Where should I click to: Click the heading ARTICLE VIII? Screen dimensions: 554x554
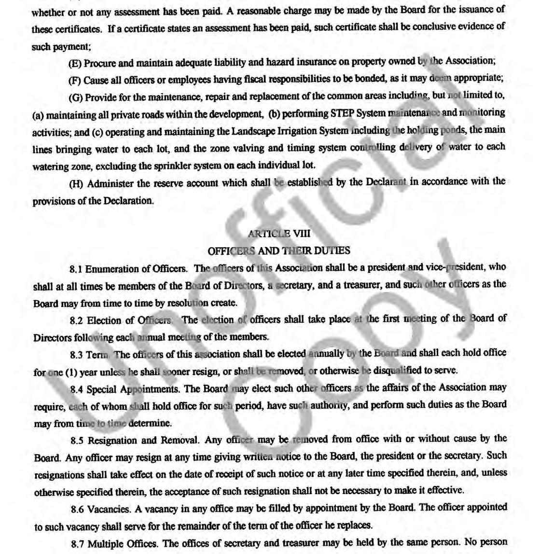279,234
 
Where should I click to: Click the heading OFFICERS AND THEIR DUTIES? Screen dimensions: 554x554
279,251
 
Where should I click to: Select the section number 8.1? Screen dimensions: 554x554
76,269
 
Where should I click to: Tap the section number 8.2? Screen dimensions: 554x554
76,321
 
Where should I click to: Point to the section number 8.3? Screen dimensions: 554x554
76,355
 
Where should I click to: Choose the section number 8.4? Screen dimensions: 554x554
77,389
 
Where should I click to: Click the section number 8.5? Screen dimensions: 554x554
77,441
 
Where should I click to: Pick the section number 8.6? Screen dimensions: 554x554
77,509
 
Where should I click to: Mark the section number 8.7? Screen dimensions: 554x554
78,544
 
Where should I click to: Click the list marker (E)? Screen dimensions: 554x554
75,63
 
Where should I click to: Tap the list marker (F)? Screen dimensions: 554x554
75,81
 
